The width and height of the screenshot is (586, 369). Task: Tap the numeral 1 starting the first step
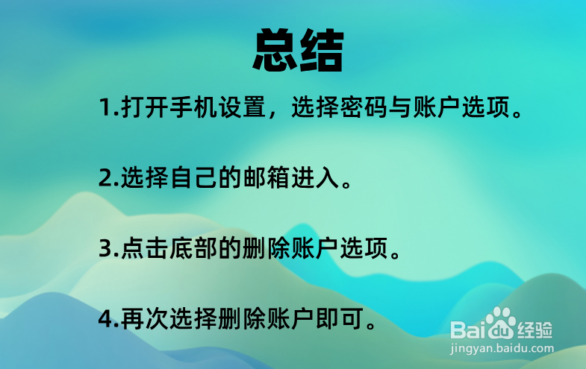104,109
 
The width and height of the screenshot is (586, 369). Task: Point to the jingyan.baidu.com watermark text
502,347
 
